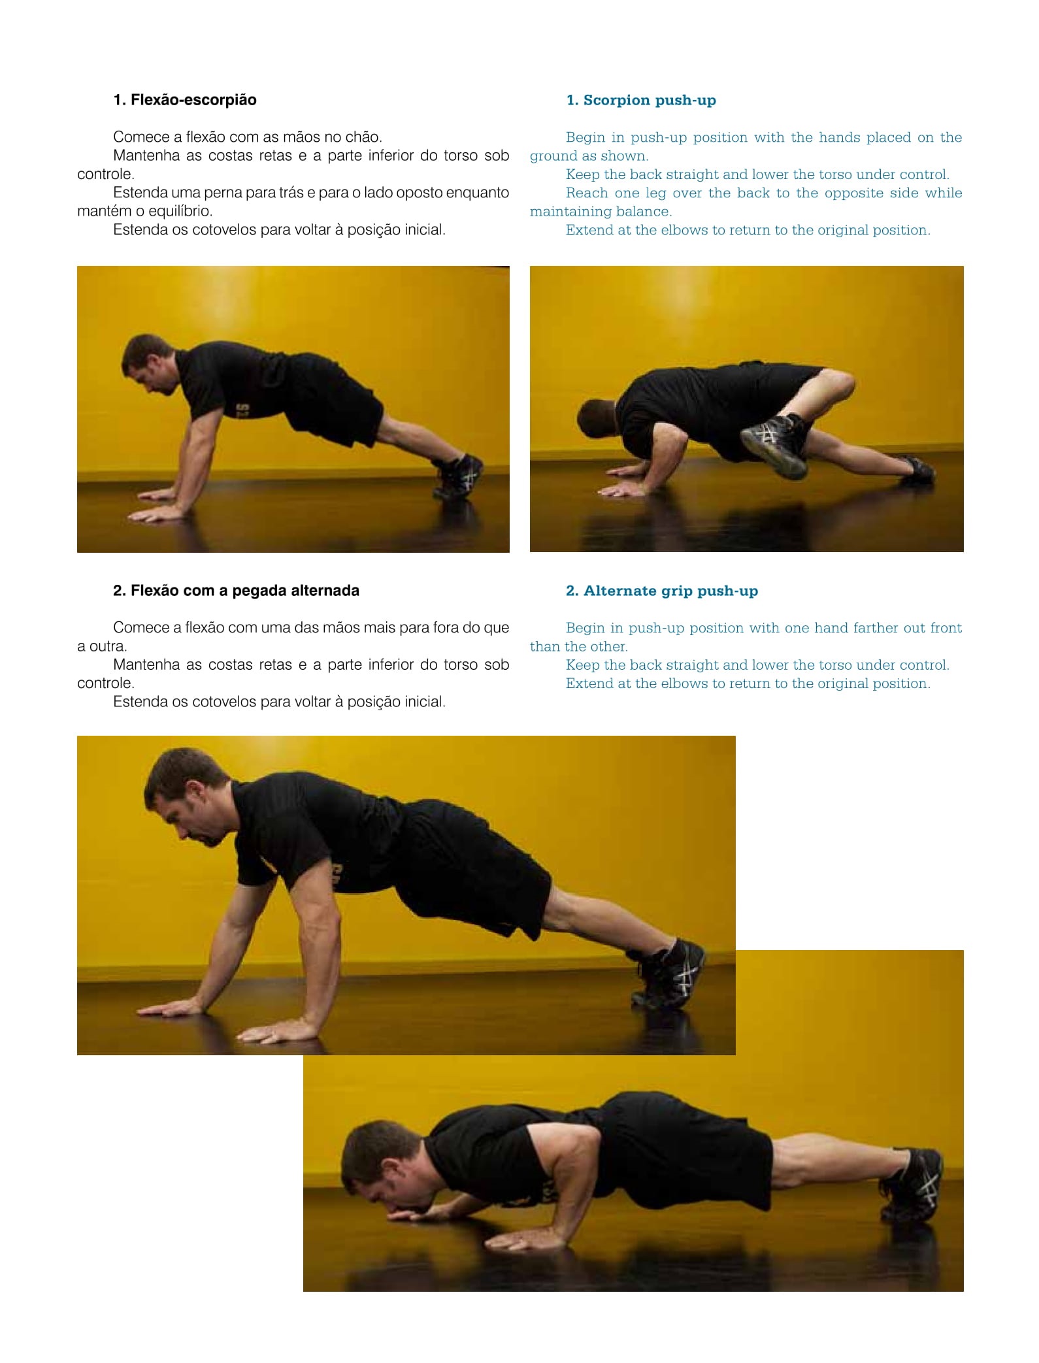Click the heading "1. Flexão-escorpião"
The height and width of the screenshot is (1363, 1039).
click(x=185, y=100)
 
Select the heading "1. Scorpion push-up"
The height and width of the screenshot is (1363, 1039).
click(x=641, y=100)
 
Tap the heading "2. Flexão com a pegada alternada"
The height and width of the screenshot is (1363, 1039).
click(x=236, y=591)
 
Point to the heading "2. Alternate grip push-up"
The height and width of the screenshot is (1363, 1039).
click(x=662, y=591)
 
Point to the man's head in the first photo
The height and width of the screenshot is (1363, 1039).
click(x=148, y=363)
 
